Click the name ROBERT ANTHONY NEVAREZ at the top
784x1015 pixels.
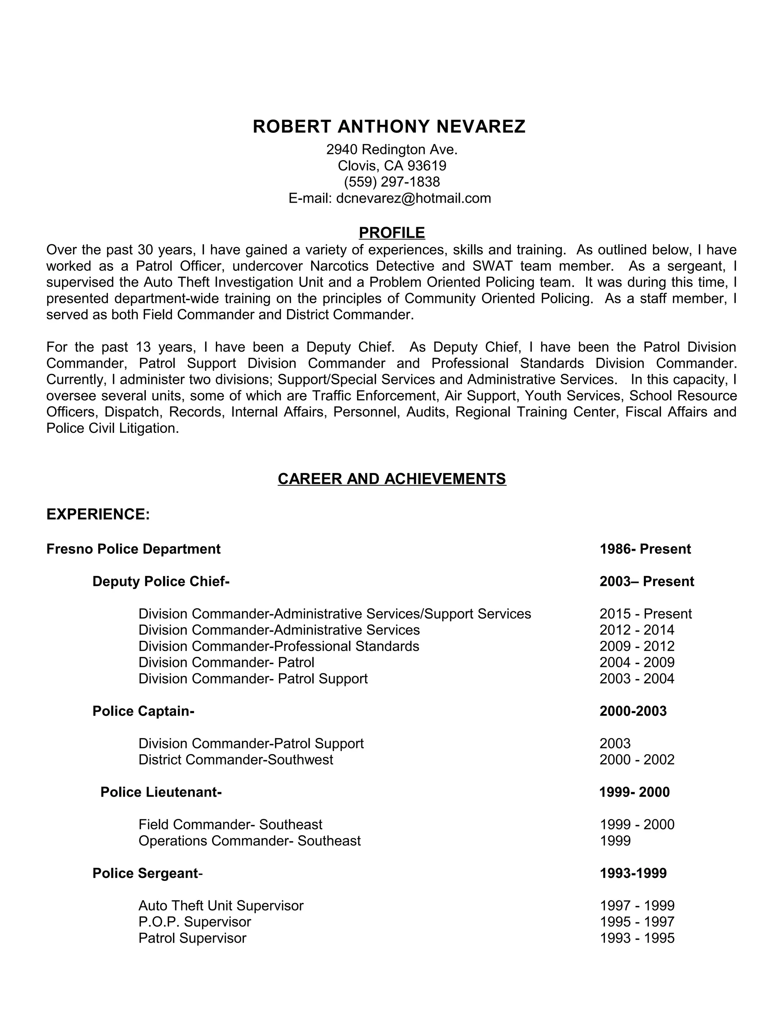point(389,126)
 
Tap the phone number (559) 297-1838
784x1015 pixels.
point(392,182)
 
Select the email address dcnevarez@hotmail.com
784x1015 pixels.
point(413,198)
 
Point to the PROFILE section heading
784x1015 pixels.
point(392,232)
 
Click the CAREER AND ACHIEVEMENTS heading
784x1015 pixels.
point(392,479)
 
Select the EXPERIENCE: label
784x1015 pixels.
point(98,514)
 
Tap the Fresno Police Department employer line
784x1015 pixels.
point(133,549)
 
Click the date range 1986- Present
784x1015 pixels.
point(645,549)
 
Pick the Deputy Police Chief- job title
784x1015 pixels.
point(161,581)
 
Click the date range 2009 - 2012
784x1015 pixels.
point(637,646)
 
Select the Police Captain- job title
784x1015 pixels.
point(143,711)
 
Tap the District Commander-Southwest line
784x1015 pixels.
point(235,760)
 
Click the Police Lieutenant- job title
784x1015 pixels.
point(161,792)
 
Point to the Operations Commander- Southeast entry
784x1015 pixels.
point(250,841)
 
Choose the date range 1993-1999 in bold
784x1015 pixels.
point(633,873)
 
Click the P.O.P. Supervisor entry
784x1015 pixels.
point(194,922)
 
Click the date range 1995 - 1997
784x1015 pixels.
point(637,922)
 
